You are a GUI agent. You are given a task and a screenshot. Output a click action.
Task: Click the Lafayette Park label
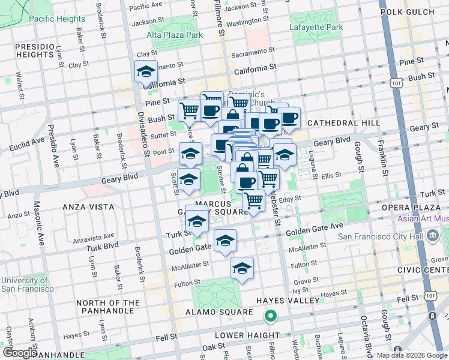tap(316, 27)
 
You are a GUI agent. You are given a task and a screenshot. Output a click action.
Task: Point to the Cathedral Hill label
tap(343, 122)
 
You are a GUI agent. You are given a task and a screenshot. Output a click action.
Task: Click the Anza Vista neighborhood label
tap(88, 206)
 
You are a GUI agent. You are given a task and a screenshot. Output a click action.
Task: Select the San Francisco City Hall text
tap(379, 236)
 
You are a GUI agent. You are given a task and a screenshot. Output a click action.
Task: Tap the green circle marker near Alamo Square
tap(271, 316)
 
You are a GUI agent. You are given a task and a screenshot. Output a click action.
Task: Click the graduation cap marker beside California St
tap(146, 72)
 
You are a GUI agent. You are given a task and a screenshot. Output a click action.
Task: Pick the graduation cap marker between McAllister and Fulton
tap(242, 268)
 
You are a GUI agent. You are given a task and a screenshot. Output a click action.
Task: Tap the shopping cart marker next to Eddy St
tap(254, 200)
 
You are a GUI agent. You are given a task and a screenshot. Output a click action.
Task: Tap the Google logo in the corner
tap(19, 353)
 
